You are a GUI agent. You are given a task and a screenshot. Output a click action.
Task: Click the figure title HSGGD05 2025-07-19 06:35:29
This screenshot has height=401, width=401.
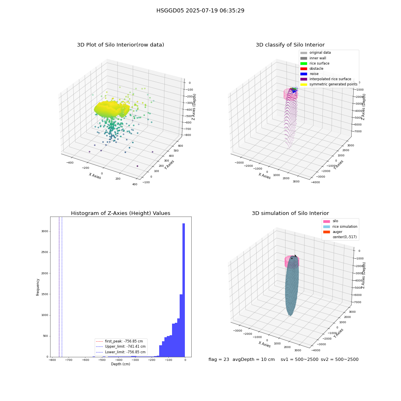[x=200, y=10]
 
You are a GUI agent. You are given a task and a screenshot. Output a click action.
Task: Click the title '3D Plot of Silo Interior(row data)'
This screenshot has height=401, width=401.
[x=120, y=45]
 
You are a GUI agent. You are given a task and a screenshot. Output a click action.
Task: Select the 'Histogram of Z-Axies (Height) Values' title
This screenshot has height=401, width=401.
[x=120, y=213]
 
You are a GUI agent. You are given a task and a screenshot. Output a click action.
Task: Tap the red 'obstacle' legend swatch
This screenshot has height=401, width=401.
[x=304, y=69]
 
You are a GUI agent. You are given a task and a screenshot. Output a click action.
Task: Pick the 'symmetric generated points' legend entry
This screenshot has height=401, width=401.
[x=329, y=84]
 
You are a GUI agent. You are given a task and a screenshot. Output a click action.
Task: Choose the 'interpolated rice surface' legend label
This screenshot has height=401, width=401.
[x=330, y=79]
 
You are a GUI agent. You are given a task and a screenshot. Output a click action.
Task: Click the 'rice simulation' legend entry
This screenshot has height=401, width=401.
[x=340, y=227]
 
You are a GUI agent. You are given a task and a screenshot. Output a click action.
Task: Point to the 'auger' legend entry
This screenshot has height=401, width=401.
[x=333, y=232]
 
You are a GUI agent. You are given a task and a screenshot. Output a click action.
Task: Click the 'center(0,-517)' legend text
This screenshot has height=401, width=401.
[x=344, y=237]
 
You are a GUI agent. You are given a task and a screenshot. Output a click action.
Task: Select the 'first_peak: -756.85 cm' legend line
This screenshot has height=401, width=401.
[x=119, y=341]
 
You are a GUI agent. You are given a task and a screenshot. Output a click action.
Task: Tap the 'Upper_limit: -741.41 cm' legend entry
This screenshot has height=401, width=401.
[x=120, y=346]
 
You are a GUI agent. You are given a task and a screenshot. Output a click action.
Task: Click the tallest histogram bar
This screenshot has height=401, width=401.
[x=183, y=290]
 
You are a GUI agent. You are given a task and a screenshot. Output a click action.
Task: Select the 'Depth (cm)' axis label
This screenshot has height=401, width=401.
[x=120, y=364]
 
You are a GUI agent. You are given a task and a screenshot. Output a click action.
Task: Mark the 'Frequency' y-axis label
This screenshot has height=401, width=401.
[x=38, y=287]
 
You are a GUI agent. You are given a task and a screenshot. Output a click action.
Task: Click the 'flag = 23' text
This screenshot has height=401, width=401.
[x=219, y=360]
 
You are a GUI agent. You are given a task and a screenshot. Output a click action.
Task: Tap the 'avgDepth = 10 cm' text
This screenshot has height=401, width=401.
[x=253, y=360]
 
